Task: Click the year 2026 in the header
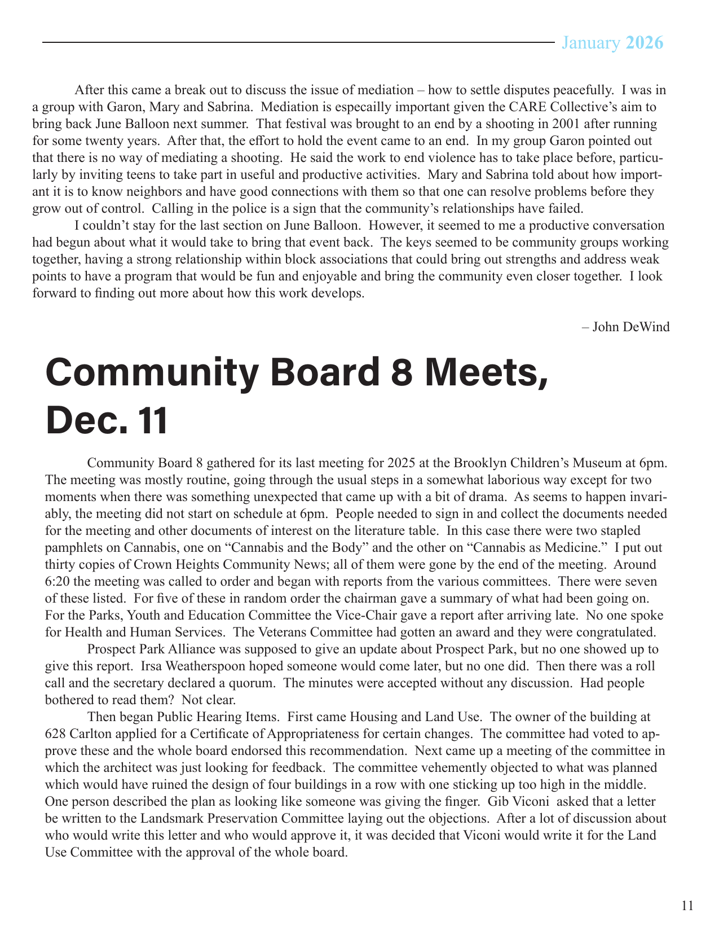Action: (645, 43)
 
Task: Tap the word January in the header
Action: (590, 43)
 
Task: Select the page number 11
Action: (687, 906)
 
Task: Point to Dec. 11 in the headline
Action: (107, 420)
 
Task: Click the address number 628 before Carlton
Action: (56, 734)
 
